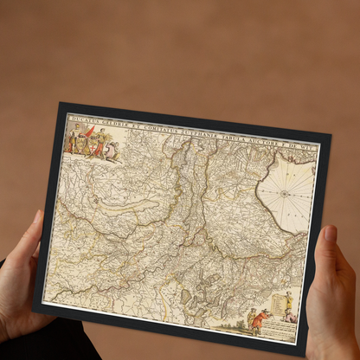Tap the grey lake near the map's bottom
[186, 296]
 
